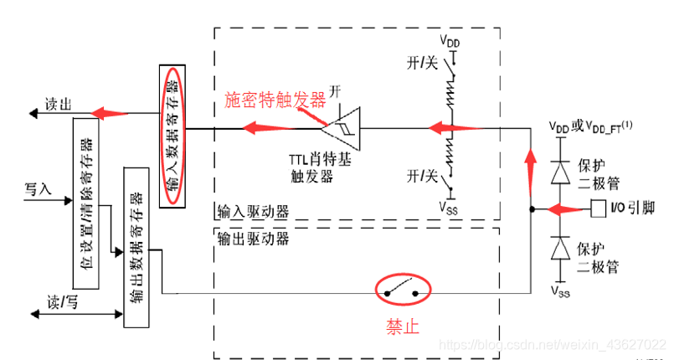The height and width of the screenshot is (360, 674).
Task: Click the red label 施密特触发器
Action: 275,100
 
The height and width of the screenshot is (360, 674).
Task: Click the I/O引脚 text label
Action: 638,207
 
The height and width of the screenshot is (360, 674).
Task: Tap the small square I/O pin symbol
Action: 599,207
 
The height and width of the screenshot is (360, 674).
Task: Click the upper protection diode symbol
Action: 562,172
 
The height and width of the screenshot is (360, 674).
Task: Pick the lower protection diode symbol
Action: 562,249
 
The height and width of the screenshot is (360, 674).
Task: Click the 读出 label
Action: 59,104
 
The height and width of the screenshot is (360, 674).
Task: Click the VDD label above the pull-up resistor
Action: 451,40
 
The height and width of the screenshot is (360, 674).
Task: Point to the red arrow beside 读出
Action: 110,113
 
